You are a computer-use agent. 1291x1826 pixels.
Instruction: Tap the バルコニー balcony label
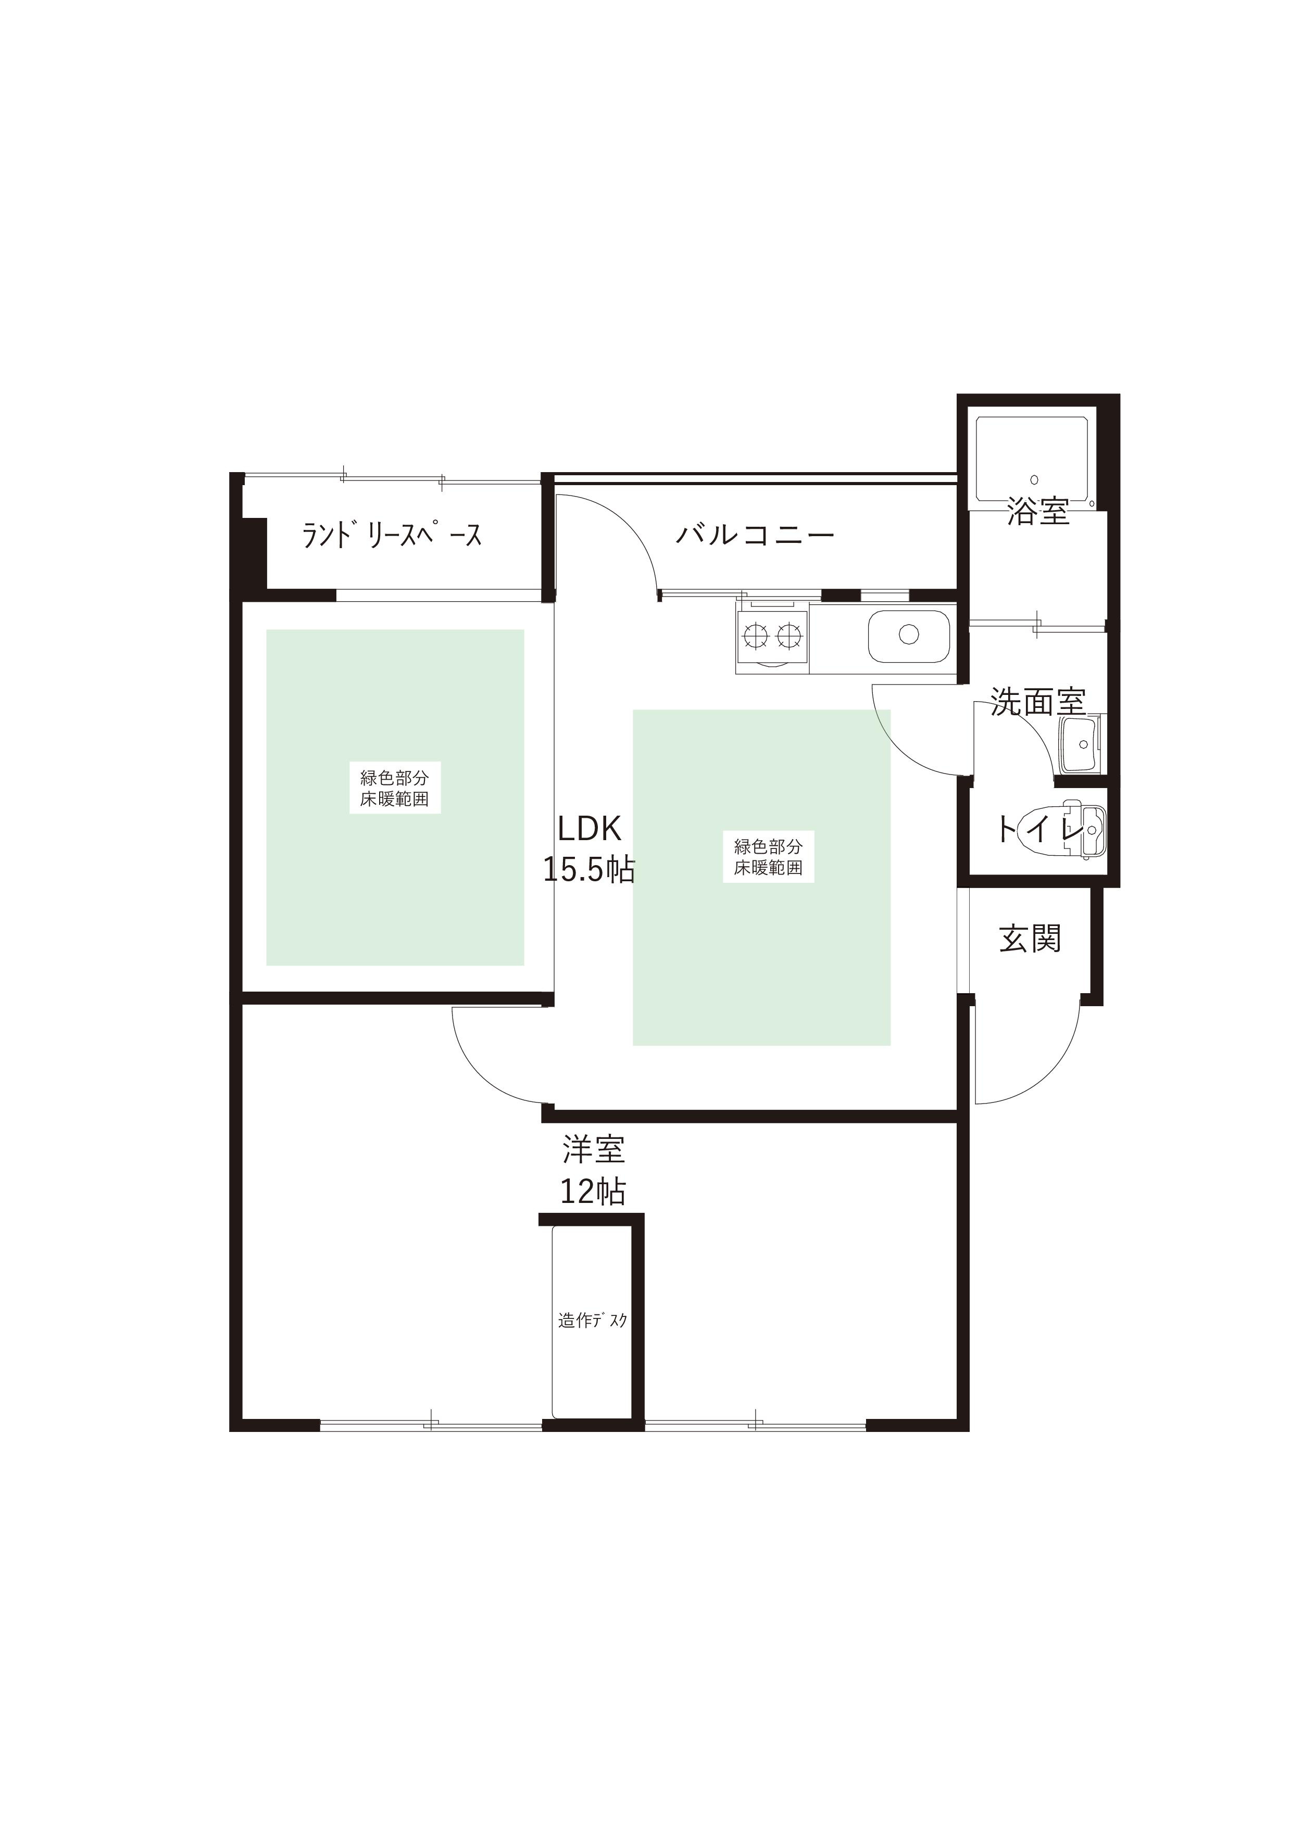click(x=755, y=535)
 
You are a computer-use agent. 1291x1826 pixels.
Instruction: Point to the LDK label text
click(x=588, y=830)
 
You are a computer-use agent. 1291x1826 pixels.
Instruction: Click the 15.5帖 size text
click(x=588, y=870)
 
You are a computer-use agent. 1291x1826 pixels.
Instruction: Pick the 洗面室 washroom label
click(x=1037, y=702)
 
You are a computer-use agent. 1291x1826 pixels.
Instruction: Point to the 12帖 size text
click(x=593, y=1191)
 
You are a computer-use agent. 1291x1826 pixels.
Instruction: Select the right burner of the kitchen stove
click(x=788, y=634)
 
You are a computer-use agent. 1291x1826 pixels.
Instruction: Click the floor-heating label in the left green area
click(x=395, y=788)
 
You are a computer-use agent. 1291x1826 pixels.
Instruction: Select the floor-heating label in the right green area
click(x=768, y=857)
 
